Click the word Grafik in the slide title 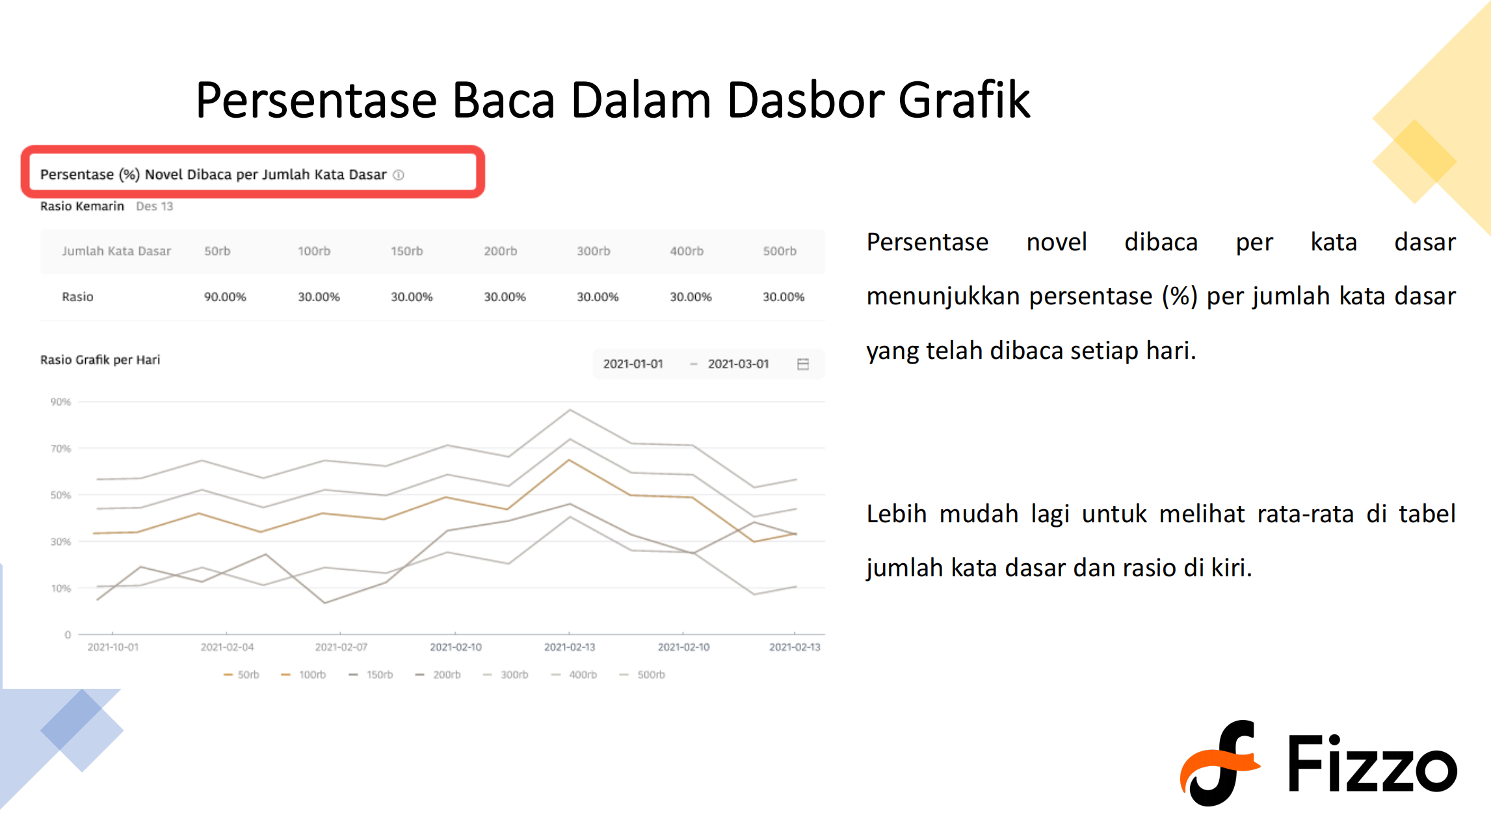point(964,101)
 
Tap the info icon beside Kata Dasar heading point(399,175)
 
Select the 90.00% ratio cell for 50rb point(225,297)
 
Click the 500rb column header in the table point(780,251)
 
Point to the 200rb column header point(500,251)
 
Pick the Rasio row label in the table point(77,297)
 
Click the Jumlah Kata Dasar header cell point(116,251)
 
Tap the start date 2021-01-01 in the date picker point(633,364)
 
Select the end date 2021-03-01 point(738,364)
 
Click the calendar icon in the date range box point(803,364)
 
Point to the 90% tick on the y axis point(60,402)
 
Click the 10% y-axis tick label point(60,589)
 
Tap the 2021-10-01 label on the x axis point(113,647)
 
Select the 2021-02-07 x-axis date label point(341,647)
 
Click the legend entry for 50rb point(241,675)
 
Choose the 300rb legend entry point(506,675)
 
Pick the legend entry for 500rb point(642,675)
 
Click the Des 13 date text point(154,206)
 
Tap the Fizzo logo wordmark point(1371,764)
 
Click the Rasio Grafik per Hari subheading point(100,360)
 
